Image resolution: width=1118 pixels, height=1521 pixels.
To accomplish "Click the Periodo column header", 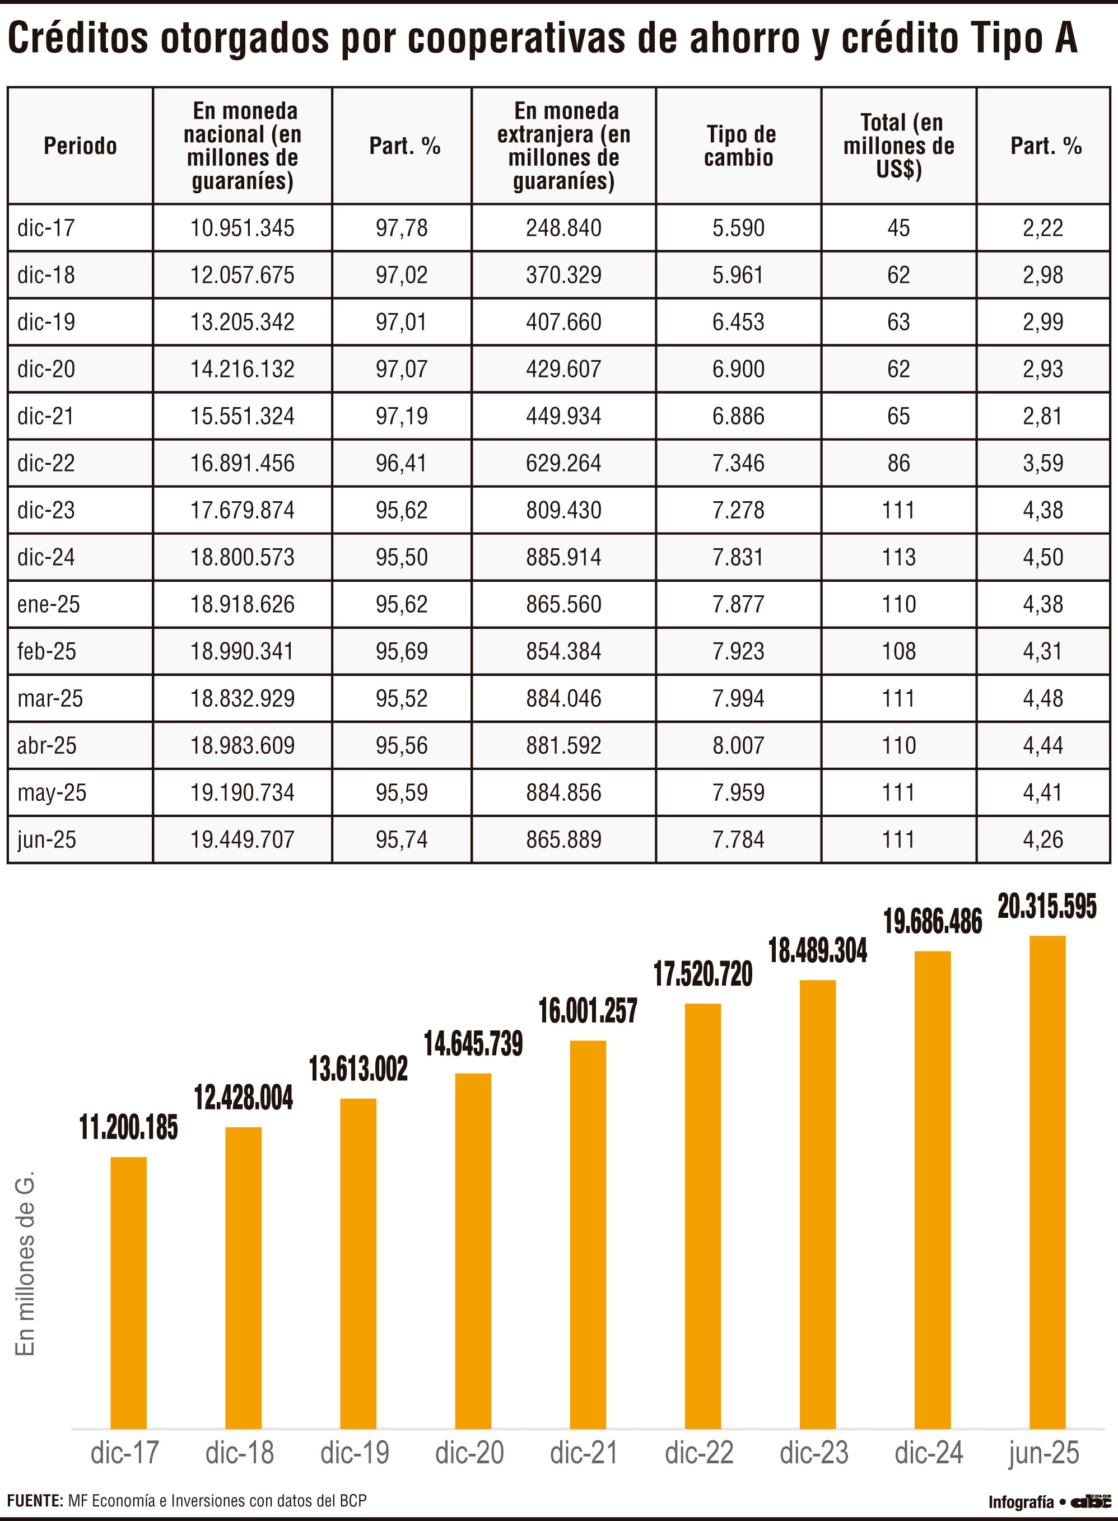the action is click(80, 146).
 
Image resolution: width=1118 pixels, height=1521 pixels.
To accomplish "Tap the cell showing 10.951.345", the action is click(243, 228).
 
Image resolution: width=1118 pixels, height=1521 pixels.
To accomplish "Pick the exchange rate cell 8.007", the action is click(738, 745).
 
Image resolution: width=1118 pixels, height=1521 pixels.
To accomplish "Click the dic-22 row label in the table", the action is click(46, 463).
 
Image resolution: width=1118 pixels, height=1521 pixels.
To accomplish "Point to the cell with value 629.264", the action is click(563, 463).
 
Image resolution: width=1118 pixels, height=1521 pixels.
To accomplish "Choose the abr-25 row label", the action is click(46, 745).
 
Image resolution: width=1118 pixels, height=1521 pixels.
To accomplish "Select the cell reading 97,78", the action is click(402, 228).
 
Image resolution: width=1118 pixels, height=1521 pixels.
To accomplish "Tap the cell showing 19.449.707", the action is click(243, 839).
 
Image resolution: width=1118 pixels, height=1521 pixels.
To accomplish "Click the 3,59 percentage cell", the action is click(1043, 463).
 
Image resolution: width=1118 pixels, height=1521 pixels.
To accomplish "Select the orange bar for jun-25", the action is click(1047, 1183).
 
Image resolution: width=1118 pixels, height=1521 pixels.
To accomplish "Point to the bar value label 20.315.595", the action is click(1047, 907).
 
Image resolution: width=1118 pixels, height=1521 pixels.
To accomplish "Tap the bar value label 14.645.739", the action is click(473, 1044).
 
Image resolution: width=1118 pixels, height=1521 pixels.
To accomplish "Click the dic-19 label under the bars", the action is click(355, 1453).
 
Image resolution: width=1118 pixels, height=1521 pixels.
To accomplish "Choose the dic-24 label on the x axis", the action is click(929, 1453).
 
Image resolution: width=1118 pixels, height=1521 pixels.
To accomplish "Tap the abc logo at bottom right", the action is click(1092, 1501).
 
